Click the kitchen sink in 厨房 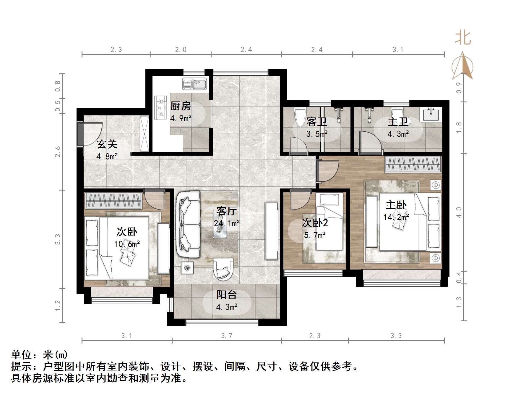pos(194,84)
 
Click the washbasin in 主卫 pos(432,114)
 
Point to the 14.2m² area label pos(396,217)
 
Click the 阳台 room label pos(227,295)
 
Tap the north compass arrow pos(462,66)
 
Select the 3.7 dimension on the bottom pos(227,336)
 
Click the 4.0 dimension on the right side pos(459,212)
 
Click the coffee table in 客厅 pos(220,224)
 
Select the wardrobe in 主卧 pos(413,165)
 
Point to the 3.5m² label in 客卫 pos(316,134)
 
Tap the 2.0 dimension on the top pos(181,50)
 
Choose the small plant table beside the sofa pos(187,268)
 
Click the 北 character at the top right pos(463,38)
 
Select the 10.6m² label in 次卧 pos(127,244)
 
